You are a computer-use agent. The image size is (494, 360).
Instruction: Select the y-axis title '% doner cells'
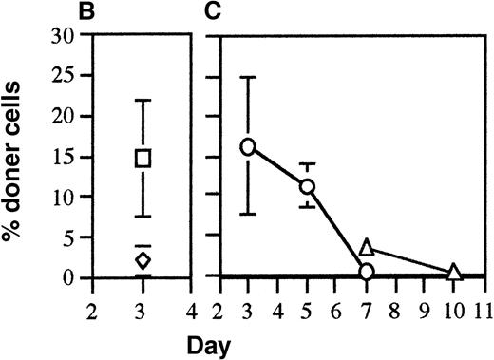[18, 158]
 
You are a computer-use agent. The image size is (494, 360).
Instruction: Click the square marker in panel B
[142, 158]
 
